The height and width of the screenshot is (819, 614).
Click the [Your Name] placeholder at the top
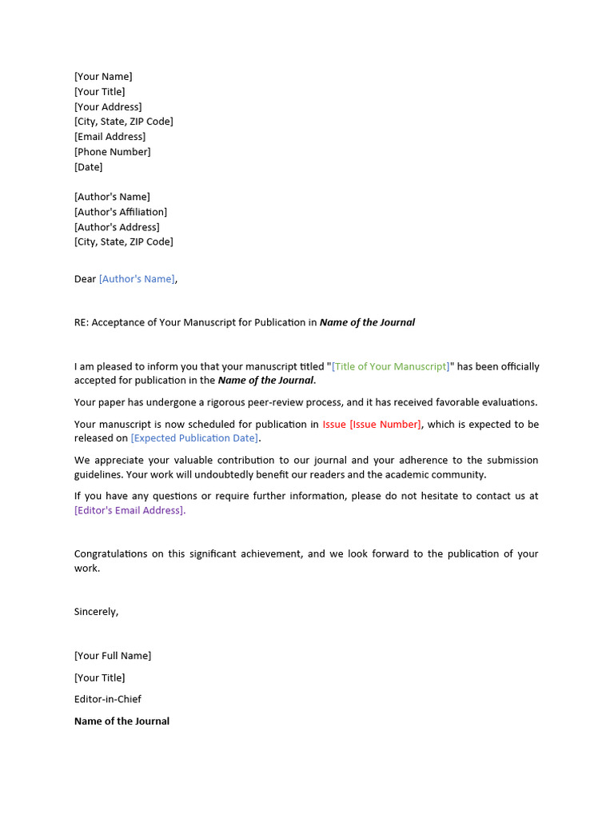pyautogui.click(x=103, y=77)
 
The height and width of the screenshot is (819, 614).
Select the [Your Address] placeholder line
pyautogui.click(x=108, y=107)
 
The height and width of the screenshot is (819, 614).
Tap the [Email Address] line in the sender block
pyautogui.click(x=110, y=137)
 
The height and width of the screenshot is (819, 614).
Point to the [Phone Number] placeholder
pyautogui.click(x=112, y=152)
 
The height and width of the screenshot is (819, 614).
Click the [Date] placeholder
pyautogui.click(x=88, y=167)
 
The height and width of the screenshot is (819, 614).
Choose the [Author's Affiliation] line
pyautogui.click(x=121, y=212)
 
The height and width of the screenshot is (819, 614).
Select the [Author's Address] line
pyautogui.click(x=117, y=227)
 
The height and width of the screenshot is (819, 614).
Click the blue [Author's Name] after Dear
pyautogui.click(x=137, y=279)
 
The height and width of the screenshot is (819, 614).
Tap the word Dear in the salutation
pyautogui.click(x=85, y=279)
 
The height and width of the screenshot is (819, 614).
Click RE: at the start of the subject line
pyautogui.click(x=82, y=323)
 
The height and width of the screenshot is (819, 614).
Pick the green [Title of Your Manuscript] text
pyautogui.click(x=391, y=367)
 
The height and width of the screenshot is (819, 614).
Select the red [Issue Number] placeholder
pyautogui.click(x=385, y=425)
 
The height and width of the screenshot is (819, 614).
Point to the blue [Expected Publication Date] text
pyautogui.click(x=194, y=438)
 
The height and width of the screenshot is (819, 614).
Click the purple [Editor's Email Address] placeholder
pyautogui.click(x=130, y=510)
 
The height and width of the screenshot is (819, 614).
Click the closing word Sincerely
pyautogui.click(x=96, y=612)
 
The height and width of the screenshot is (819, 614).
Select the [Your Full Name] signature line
pyautogui.click(x=113, y=656)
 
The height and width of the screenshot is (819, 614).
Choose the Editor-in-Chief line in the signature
pyautogui.click(x=108, y=699)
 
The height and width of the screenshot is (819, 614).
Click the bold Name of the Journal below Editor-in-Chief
pyautogui.click(x=122, y=721)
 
